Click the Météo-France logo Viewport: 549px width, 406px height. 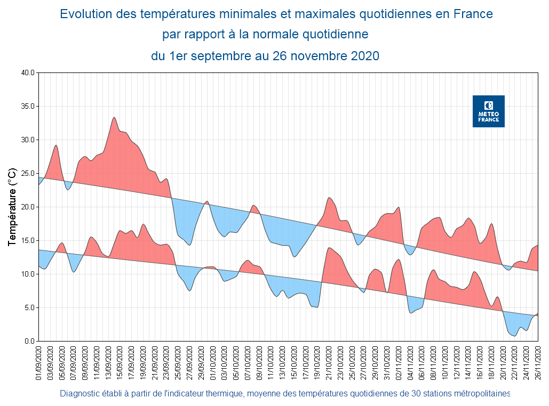[x=488, y=111]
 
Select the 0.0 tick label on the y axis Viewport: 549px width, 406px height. [x=29, y=341]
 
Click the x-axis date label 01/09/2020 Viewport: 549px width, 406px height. [x=39, y=362]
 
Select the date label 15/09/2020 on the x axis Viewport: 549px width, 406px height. [x=121, y=362]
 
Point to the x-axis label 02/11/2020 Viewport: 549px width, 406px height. [x=400, y=362]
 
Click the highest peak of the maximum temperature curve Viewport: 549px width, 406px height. [x=114, y=118]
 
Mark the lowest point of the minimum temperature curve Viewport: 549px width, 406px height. [x=514, y=336]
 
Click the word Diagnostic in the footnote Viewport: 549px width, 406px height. [x=79, y=394]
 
